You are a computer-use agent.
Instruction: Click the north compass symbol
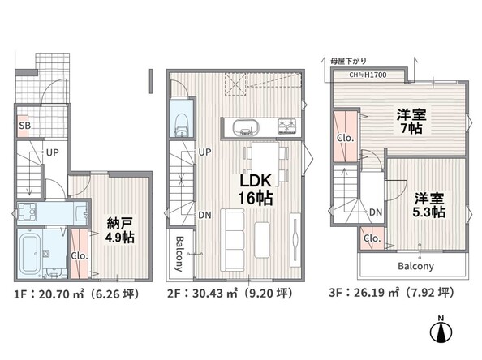point(441,329)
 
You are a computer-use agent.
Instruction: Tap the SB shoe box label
point(25,126)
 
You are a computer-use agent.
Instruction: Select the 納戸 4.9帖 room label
point(119,230)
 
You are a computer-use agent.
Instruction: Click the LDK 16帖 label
point(256,189)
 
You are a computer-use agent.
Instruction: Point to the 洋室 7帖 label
point(411,122)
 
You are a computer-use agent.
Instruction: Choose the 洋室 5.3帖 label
point(429,205)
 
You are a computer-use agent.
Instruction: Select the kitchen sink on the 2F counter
point(246,126)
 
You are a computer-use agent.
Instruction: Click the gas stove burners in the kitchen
point(286,126)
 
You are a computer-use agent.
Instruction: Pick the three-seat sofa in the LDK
point(232,240)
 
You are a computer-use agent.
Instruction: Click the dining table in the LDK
point(265,164)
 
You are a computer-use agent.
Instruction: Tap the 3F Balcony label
point(415,266)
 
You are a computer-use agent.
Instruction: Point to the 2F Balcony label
point(179,254)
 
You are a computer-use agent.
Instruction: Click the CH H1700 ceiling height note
point(368,75)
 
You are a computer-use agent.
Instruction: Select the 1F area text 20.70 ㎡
point(61,294)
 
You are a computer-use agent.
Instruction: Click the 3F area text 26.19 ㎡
point(377,292)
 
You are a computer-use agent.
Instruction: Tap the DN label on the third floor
point(376,212)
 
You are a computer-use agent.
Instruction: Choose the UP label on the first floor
point(52,152)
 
